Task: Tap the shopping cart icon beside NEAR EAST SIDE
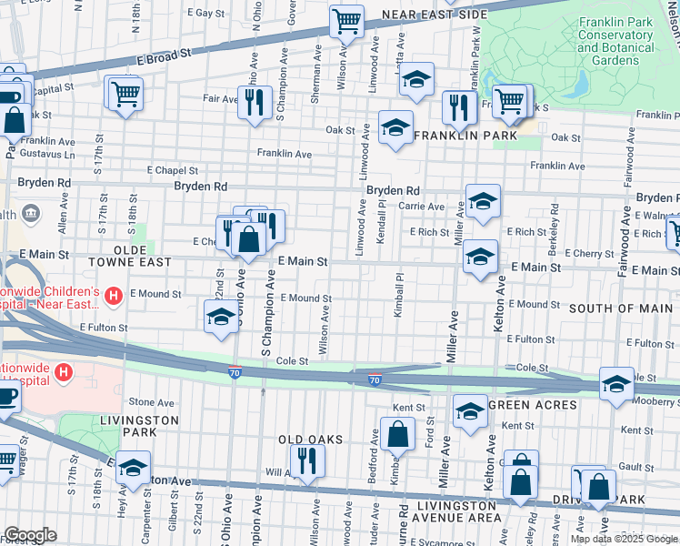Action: (346, 21)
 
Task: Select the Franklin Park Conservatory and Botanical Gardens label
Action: (615, 35)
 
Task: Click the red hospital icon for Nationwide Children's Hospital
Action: (114, 296)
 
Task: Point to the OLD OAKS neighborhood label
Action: (310, 440)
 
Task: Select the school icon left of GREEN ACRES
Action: (470, 412)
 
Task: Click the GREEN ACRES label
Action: (532, 405)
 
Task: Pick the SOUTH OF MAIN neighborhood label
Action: (622, 309)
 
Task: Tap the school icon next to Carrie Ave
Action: (483, 202)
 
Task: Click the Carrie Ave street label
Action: (421, 207)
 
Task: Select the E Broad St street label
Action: (165, 56)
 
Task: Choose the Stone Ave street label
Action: (151, 402)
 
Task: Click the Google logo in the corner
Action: (30, 535)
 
